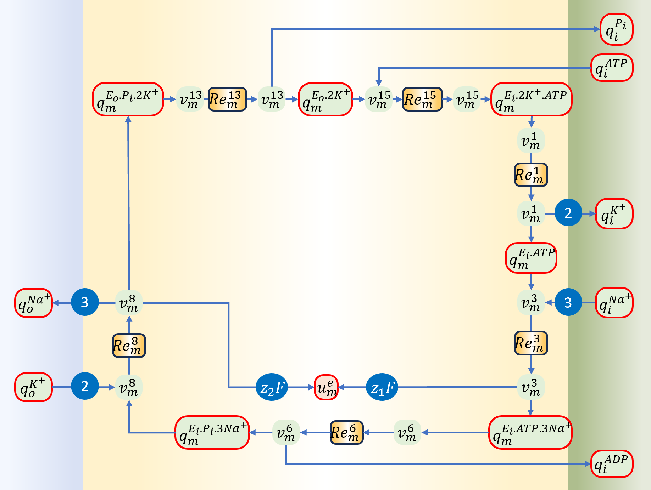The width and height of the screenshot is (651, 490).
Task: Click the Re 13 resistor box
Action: click(x=227, y=99)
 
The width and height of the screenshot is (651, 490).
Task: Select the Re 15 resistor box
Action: click(x=422, y=99)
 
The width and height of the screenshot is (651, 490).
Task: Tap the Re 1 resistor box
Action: click(x=531, y=175)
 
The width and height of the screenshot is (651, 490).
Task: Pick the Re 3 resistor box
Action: click(x=531, y=343)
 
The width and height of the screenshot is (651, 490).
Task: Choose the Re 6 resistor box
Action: click(x=346, y=432)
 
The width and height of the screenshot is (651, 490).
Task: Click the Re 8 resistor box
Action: click(x=129, y=346)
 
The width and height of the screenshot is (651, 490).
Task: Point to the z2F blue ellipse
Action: click(x=272, y=387)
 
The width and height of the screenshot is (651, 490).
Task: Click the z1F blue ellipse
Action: click(x=382, y=387)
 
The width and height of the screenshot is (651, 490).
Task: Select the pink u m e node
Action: click(x=326, y=387)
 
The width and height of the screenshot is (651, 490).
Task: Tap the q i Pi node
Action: click(x=616, y=29)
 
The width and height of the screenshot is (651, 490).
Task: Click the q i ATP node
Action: click(x=612, y=68)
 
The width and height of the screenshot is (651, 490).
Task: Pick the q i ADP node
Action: click(x=612, y=464)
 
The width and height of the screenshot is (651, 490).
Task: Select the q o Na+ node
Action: click(x=34, y=303)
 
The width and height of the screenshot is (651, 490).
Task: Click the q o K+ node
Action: click(x=34, y=387)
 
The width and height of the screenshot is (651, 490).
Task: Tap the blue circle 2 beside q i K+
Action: click(x=568, y=213)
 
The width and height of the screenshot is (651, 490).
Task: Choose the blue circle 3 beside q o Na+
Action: click(x=85, y=302)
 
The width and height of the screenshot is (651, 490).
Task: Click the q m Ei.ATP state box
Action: click(x=531, y=258)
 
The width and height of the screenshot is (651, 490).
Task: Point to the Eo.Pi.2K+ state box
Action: click(x=128, y=99)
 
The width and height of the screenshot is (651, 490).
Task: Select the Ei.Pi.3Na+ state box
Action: click(x=212, y=432)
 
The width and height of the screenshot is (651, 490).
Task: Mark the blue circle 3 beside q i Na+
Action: click(x=568, y=302)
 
